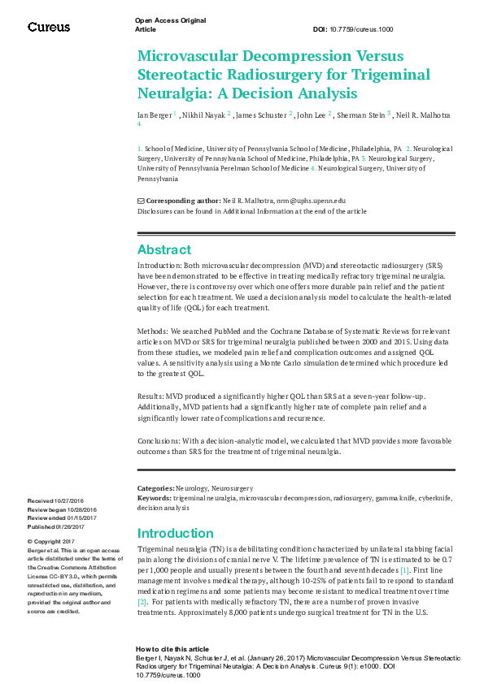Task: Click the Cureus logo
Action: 49,27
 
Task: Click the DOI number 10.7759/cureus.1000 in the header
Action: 364,28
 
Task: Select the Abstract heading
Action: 164,249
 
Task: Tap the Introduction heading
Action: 175,534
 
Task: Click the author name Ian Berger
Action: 154,116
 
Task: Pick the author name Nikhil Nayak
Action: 203,116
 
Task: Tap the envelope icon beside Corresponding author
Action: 141,200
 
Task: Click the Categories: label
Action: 155,488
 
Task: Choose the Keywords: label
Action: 154,496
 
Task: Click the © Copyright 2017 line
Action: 51,541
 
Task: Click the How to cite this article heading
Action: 173,650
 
